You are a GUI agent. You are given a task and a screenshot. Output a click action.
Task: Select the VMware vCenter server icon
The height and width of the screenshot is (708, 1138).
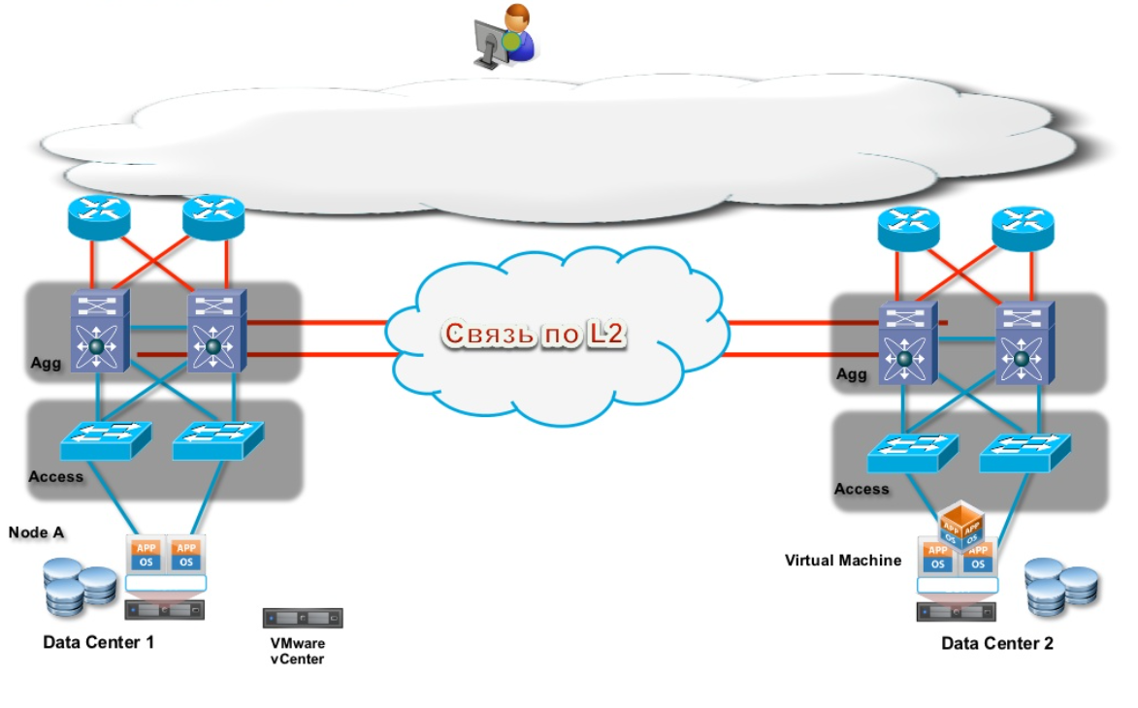tap(303, 619)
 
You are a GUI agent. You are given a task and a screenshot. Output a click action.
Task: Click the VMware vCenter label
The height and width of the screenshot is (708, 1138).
tap(298, 651)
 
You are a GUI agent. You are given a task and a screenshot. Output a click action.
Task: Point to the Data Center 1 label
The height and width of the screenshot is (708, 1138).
tap(98, 642)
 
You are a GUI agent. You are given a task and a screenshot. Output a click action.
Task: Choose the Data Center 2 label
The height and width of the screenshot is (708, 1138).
tap(996, 643)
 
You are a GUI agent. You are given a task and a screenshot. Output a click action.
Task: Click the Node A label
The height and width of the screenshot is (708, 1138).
tap(36, 532)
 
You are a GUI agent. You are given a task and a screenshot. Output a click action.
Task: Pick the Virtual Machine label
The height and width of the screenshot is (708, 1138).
tap(842, 561)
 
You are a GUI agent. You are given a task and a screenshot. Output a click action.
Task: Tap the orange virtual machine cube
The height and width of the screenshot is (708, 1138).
tap(959, 525)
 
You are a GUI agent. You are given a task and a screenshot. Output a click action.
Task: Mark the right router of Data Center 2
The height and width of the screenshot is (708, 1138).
tap(1023, 230)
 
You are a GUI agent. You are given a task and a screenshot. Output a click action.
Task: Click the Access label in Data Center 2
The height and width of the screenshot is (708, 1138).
tap(861, 489)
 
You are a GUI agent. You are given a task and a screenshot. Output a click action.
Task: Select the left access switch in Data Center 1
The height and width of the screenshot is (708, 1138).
tap(106, 441)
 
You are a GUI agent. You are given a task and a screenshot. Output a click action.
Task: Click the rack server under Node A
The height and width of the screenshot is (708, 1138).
tap(165, 610)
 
